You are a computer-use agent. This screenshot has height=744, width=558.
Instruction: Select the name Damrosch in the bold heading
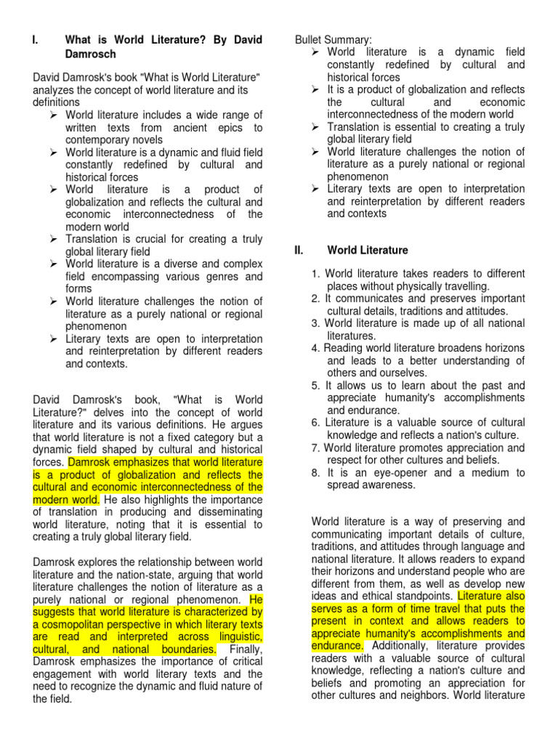click(x=90, y=54)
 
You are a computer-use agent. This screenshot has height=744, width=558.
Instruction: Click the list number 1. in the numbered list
click(x=315, y=274)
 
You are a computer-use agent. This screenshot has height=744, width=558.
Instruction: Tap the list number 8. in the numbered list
click(x=315, y=472)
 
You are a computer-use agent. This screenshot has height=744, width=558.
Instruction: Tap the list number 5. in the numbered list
click(x=315, y=386)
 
